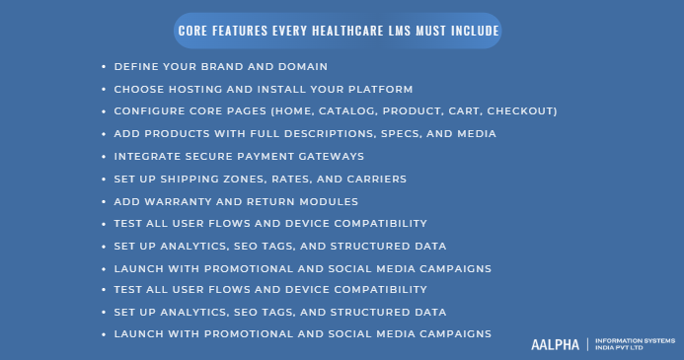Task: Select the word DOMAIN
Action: tap(298, 67)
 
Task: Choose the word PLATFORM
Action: tap(372, 89)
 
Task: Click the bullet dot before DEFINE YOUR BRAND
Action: tap(104, 67)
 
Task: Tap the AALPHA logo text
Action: tap(555, 343)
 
